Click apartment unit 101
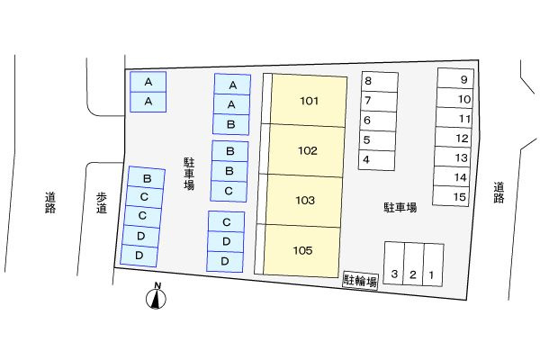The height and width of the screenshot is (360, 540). pos(309,100)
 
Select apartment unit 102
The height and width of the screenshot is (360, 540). pos(307,150)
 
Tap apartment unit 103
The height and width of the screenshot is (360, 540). pos(304,200)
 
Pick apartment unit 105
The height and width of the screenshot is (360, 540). pos(301,250)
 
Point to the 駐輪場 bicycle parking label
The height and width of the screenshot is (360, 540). pos(360,281)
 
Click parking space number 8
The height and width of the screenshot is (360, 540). pos(380,82)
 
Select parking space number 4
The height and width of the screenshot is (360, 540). pos(377,160)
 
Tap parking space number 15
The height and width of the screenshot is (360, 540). pos(451,196)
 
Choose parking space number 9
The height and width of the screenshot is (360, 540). pos(455,78)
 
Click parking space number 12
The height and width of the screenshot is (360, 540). pos(453,138)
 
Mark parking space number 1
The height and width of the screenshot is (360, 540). pos(433,265)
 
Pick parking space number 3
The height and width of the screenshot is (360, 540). pos(393,263)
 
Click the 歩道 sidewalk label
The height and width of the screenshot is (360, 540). pos(101,203)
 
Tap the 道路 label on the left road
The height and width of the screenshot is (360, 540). pos(50,202)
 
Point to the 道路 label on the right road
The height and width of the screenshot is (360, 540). pos(499,193)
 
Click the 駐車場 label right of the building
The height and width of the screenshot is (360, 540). pos(400,207)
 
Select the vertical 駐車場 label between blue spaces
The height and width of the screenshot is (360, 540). pos(189,174)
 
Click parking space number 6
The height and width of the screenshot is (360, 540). pos(378,121)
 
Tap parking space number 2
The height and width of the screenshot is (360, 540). pos(413,265)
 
